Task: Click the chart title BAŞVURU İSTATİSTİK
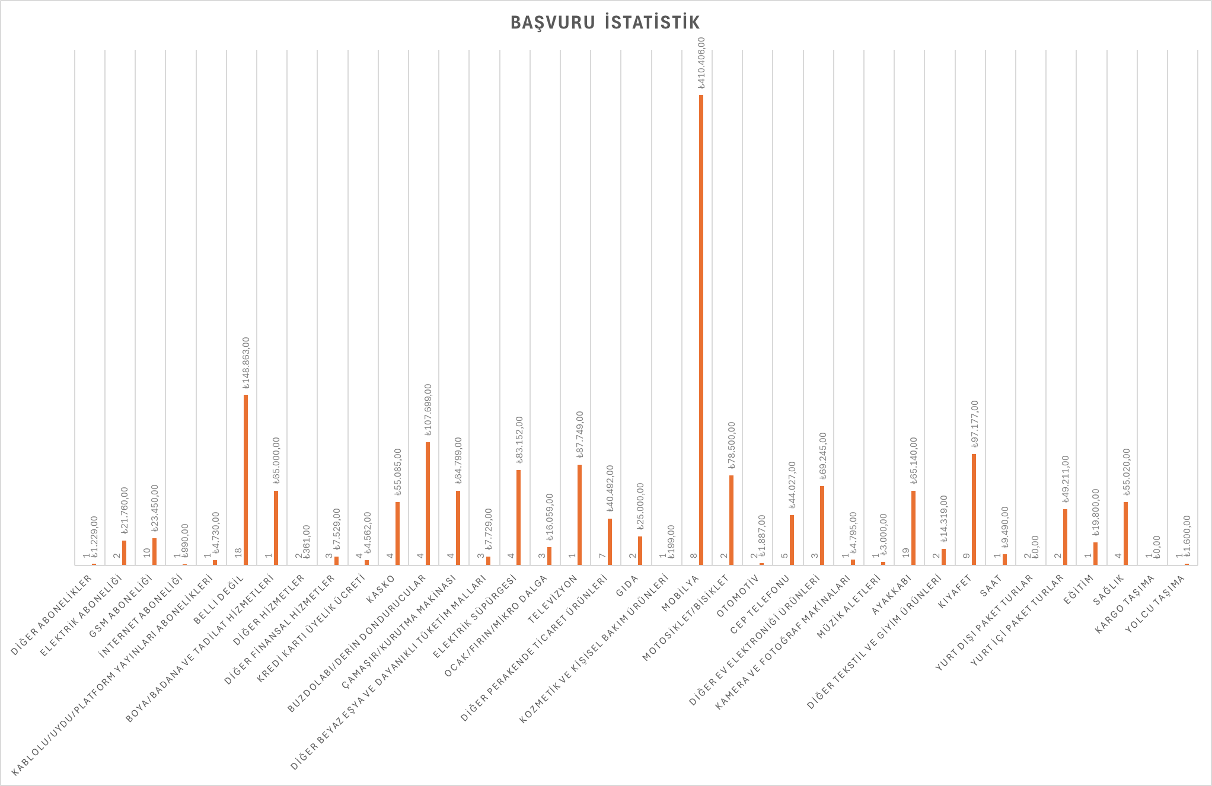click(605, 23)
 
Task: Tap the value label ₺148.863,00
click(246, 363)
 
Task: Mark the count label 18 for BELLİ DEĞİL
click(238, 552)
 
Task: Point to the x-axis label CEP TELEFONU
click(759, 605)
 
